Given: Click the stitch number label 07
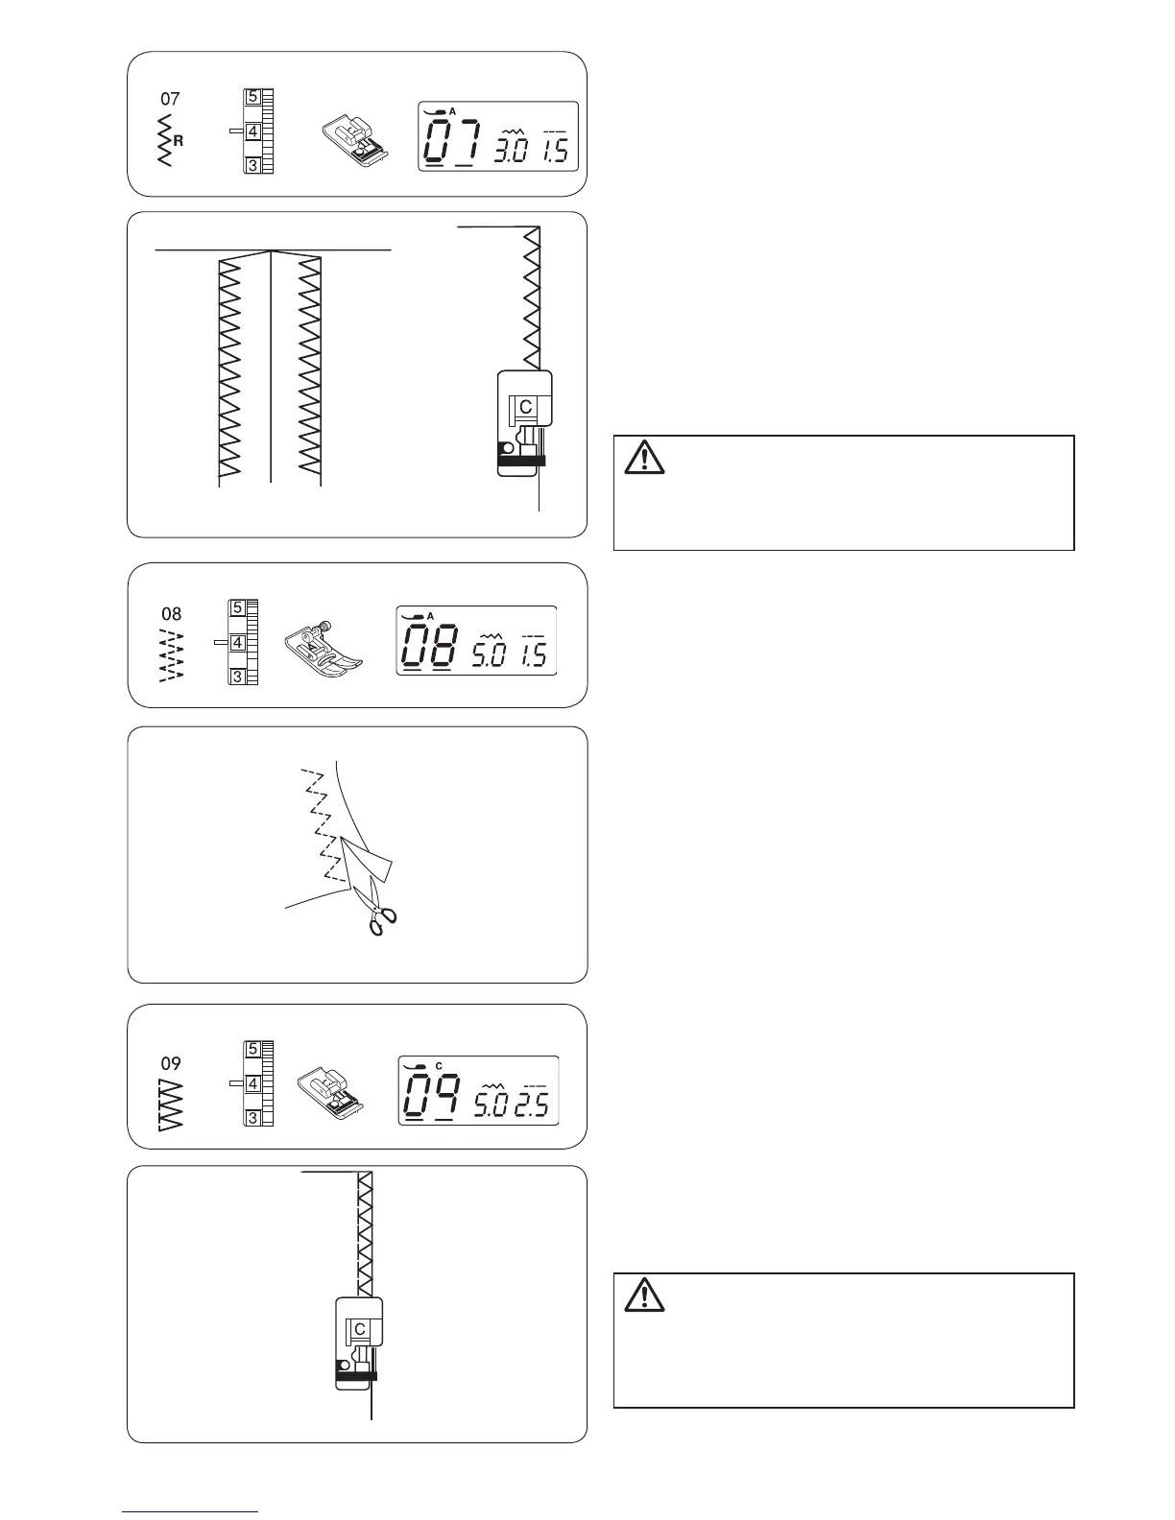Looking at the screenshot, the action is [170, 99].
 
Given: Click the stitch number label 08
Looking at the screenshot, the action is [171, 613].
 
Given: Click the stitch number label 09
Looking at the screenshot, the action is [171, 1063].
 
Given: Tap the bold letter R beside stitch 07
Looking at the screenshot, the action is [179, 140].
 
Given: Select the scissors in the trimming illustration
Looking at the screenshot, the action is [380, 914].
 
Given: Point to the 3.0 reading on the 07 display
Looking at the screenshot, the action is [508, 151].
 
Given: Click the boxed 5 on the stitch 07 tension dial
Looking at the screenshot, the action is [252, 97].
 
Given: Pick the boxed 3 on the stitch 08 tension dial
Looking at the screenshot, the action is [236, 677].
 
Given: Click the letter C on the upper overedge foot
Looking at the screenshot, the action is [526, 406].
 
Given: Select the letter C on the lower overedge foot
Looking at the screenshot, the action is [360, 1329].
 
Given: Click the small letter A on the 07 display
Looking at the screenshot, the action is [453, 112].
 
